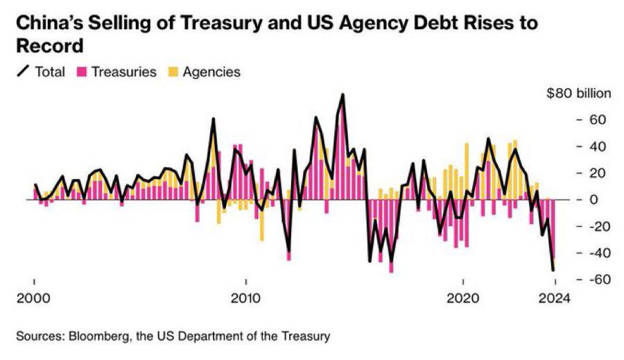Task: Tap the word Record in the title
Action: point(49,47)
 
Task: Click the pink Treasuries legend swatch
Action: point(80,71)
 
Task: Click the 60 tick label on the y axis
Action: point(598,120)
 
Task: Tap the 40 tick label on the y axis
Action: point(598,146)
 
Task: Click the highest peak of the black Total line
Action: point(343,94)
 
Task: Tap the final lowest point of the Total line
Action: point(553,270)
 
